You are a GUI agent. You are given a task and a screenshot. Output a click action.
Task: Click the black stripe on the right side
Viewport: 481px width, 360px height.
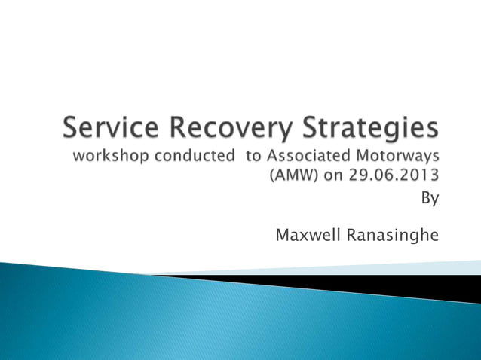point(392,284)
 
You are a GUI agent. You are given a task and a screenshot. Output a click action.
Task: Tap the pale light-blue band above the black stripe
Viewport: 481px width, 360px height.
point(377,267)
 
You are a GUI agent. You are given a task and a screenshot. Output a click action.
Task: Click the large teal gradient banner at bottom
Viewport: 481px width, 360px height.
point(188,316)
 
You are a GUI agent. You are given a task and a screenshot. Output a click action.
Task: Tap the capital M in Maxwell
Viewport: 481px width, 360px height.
point(283,236)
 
